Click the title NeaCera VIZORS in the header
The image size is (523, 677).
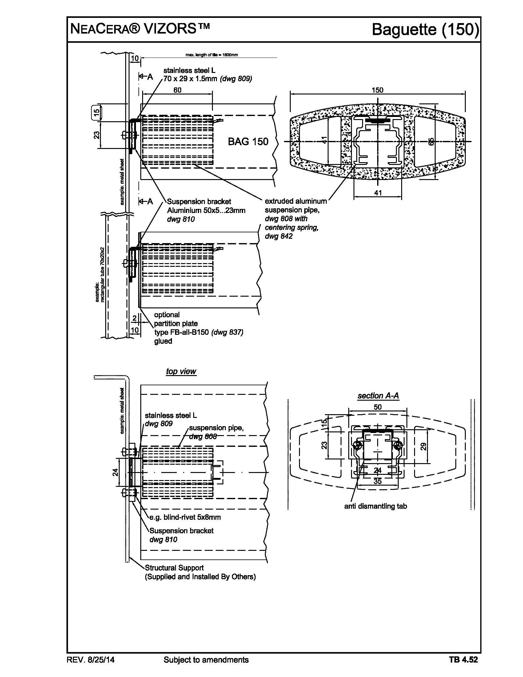(x=140, y=29)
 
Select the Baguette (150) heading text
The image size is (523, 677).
(x=425, y=30)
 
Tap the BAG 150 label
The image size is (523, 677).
(x=248, y=142)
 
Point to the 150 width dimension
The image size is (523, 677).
(x=377, y=90)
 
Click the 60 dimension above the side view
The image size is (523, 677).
(x=177, y=90)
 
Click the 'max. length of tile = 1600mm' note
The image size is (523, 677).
(x=212, y=55)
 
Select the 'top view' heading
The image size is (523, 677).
(x=181, y=371)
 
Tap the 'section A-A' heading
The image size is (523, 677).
(x=378, y=395)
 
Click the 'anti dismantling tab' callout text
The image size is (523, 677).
(x=376, y=506)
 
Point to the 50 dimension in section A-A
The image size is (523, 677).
(x=378, y=407)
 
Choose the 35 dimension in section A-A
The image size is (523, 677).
(x=377, y=481)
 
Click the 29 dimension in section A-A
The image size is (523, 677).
(x=424, y=447)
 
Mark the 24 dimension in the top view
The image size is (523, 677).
(x=115, y=472)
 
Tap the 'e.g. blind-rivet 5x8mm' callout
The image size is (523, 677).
(x=185, y=517)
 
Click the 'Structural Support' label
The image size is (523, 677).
(x=174, y=568)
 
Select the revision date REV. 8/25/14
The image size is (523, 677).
(x=90, y=660)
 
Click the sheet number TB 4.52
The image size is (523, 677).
(x=463, y=660)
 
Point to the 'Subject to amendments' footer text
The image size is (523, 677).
(x=206, y=660)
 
